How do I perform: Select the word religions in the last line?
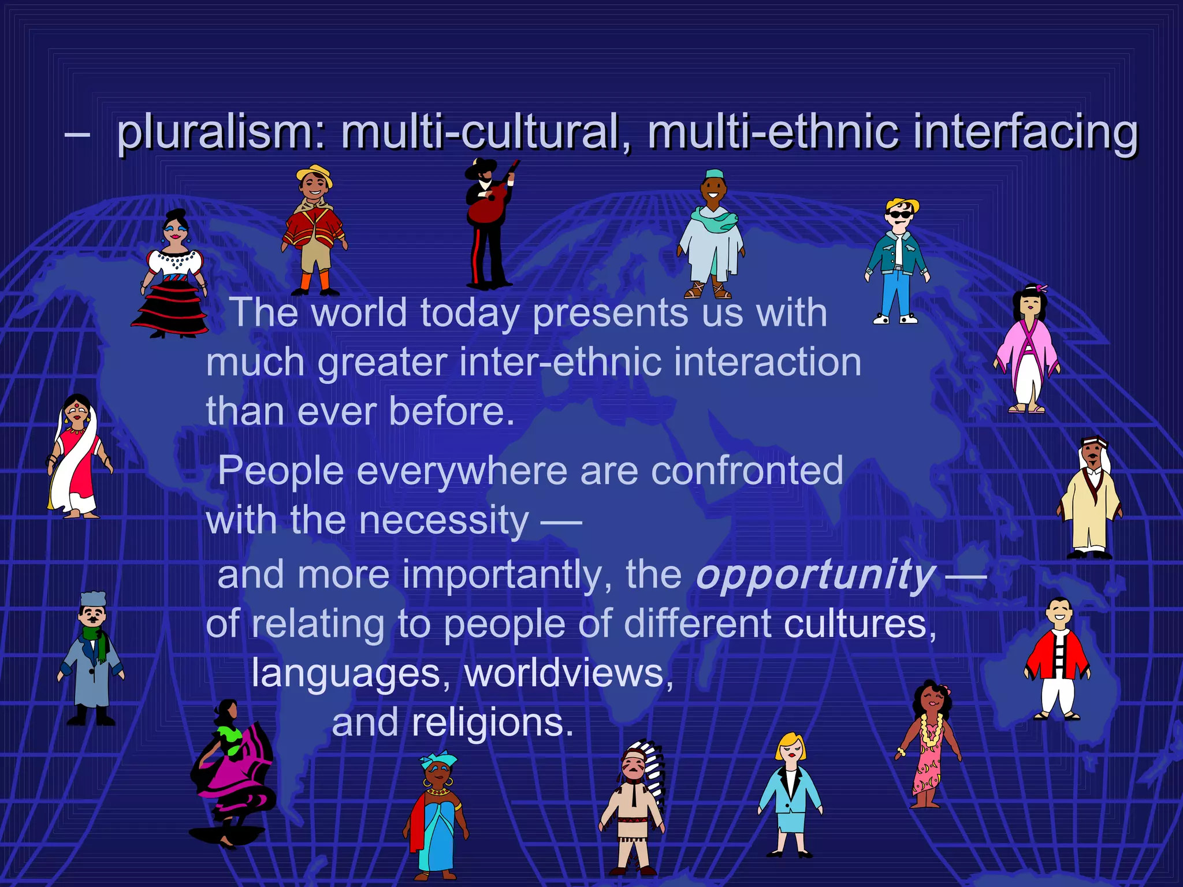(x=492, y=723)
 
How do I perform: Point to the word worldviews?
(x=568, y=673)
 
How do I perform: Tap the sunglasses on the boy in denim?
(x=899, y=215)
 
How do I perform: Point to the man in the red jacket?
(x=1057, y=661)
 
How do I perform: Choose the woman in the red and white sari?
(x=76, y=459)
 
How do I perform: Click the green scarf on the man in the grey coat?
(x=97, y=641)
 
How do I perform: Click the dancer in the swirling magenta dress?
(x=234, y=774)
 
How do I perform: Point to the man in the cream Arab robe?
(x=1089, y=500)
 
